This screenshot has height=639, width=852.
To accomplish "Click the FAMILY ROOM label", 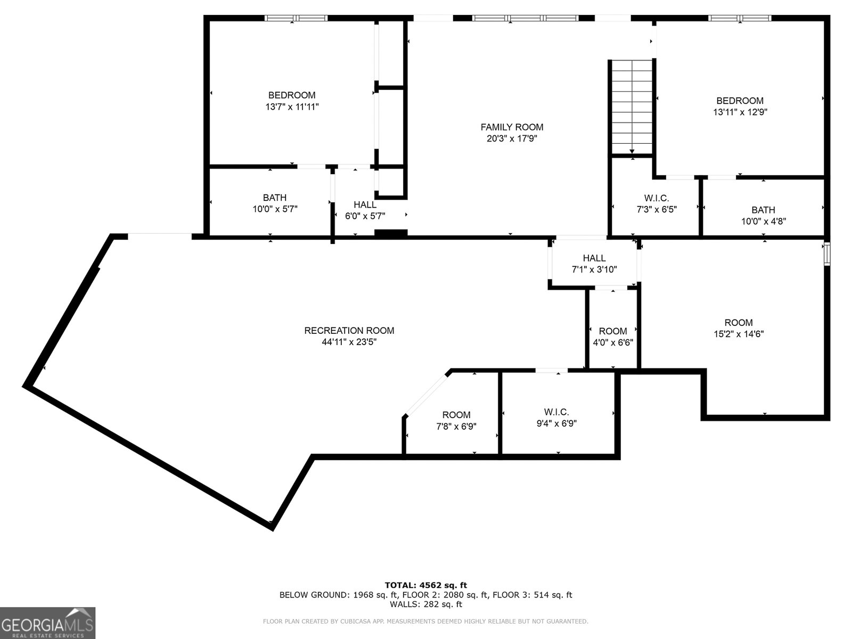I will [x=512, y=127].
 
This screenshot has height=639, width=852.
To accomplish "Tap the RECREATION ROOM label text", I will [x=349, y=331].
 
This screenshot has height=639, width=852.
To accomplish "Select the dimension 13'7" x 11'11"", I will [x=292, y=107].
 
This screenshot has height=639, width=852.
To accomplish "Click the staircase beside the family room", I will [x=632, y=106].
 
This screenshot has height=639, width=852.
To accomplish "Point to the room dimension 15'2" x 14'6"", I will [x=739, y=334].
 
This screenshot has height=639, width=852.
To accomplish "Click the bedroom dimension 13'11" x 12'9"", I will [x=740, y=112].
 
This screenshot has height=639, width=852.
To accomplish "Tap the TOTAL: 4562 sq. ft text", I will [x=425, y=585].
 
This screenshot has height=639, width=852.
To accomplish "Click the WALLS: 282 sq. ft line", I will [x=425, y=604].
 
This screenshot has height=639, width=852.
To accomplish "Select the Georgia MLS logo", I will [x=47, y=623].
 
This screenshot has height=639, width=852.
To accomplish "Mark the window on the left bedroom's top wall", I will [x=296, y=18].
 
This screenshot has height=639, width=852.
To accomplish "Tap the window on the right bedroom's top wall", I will [x=739, y=18].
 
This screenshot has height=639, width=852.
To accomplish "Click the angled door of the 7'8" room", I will [x=427, y=395].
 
